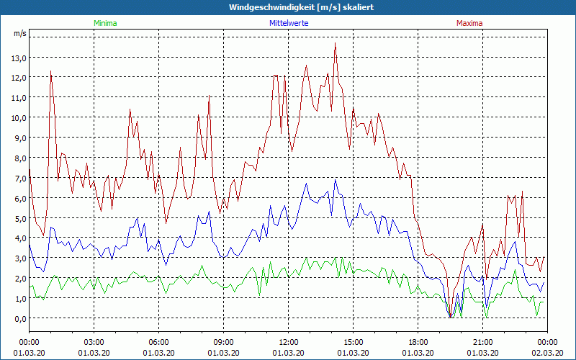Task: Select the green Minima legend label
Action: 105,23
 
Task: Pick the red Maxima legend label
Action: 469,23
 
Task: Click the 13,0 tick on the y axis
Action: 19,58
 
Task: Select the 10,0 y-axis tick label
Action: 19,117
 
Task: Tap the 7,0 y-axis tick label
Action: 19,178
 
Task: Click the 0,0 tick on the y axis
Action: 19,318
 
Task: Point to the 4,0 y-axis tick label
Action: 19,238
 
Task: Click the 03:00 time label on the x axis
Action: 94,341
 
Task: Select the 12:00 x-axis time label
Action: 289,341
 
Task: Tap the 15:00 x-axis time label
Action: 354,341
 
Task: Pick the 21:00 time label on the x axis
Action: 483,341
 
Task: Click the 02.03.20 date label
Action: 547,353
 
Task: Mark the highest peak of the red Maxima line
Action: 336,44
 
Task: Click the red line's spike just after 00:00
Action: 50,71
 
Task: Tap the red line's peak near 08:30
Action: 210,96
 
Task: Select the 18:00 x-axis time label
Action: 418,341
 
